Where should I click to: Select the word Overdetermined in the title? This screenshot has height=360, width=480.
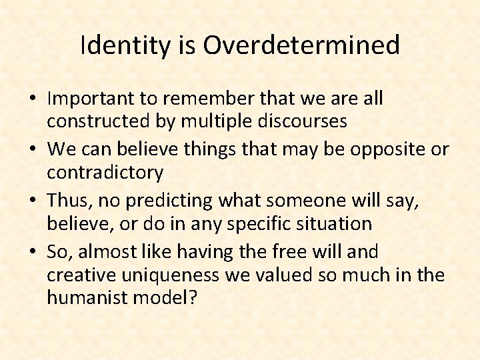[301, 45]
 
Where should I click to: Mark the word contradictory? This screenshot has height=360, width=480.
[105, 173]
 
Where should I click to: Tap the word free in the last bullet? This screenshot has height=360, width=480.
[287, 252]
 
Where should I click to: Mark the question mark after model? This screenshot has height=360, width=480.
[193, 297]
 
